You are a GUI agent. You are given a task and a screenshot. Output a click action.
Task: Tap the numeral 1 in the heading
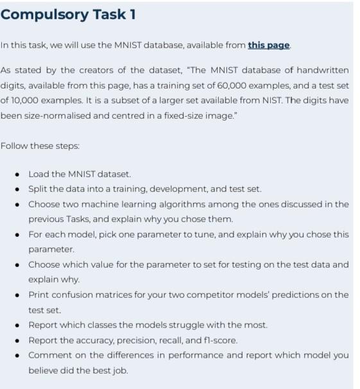tap(131, 13)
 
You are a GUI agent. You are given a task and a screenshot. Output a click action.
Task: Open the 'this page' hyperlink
tap(268, 45)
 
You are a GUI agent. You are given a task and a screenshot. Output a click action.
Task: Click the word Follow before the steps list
tap(14, 146)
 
